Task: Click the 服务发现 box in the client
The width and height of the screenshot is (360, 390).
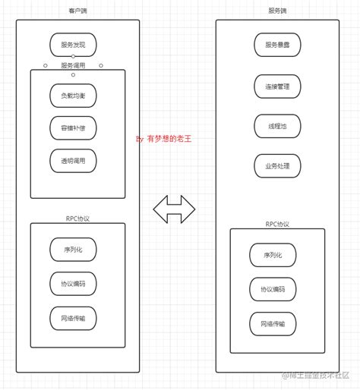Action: pos(73,45)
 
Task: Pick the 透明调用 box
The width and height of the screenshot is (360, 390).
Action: pos(73,160)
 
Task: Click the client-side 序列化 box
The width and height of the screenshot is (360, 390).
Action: pos(73,249)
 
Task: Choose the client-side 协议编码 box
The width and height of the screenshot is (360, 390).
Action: pos(73,283)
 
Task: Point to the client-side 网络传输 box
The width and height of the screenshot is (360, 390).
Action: pos(73,317)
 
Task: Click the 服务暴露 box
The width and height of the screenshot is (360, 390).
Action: pos(277,45)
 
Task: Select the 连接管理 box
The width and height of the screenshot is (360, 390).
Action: pos(277,86)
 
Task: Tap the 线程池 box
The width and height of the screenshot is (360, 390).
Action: pos(277,126)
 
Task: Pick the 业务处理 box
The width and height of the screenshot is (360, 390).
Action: pos(277,165)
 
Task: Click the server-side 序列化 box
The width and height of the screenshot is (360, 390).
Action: pos(273,255)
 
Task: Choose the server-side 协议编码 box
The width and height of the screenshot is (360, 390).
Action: pos(273,289)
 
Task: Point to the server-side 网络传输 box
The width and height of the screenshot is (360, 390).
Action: pos(273,324)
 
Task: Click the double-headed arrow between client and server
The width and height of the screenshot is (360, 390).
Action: pos(175,209)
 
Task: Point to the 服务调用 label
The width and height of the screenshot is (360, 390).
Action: pos(73,65)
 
